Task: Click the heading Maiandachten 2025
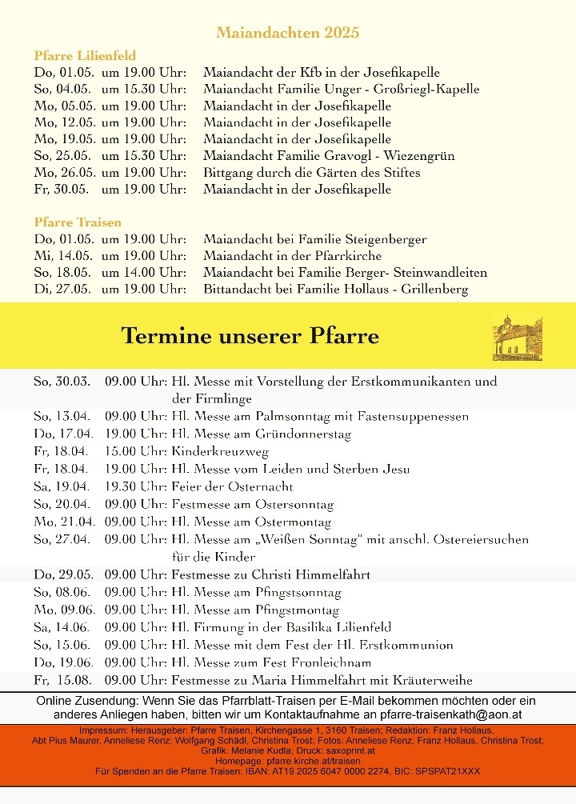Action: (x=287, y=33)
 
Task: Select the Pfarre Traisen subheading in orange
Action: (x=78, y=222)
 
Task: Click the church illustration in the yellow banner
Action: (x=517, y=337)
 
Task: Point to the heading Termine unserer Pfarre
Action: (x=250, y=336)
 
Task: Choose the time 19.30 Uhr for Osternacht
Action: (x=134, y=486)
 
